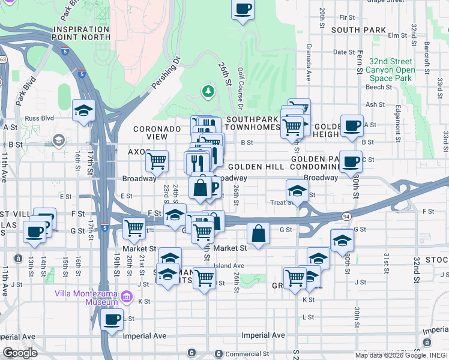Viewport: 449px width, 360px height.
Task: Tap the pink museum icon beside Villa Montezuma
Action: click(126, 296)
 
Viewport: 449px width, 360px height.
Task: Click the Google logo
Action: click(20, 352)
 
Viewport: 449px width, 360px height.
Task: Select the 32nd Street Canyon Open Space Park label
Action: click(391, 70)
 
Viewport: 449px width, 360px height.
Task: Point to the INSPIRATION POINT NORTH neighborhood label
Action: click(82, 33)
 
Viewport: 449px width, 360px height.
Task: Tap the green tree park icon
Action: click(208, 91)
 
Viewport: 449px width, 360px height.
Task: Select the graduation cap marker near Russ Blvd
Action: click(83, 110)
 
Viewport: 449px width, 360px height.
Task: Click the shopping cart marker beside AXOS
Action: click(157, 160)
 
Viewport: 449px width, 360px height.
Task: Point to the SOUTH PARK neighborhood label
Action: click(358, 29)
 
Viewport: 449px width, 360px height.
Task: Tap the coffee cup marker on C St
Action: click(351, 161)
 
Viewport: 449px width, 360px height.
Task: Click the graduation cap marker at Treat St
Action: click(297, 190)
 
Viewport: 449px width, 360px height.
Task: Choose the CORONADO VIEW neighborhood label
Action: click(157, 133)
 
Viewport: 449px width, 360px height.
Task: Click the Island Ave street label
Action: click(231, 266)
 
